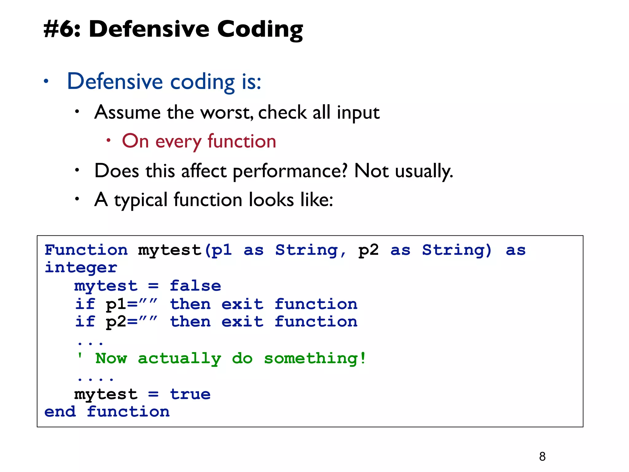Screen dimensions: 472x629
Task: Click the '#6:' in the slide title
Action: [x=61, y=29]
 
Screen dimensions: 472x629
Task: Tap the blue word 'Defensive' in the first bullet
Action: [x=115, y=81]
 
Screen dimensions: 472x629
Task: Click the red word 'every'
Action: [x=178, y=142]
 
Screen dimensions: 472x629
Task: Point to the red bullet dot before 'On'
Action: [x=108, y=140]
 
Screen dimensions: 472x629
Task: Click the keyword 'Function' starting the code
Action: [x=86, y=250]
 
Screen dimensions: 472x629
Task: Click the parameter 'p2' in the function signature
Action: [x=368, y=250]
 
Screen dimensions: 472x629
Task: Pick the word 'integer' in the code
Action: [x=81, y=267]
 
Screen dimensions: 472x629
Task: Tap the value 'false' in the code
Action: [x=195, y=286]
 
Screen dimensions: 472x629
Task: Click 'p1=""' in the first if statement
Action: [x=131, y=304]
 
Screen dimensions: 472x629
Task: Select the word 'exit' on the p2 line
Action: [x=242, y=322]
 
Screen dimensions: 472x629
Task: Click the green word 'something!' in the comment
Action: [x=315, y=358]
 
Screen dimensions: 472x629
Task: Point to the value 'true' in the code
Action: [x=190, y=394]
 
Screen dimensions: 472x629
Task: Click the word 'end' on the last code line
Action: [x=60, y=412]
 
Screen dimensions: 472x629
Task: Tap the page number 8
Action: [x=542, y=456]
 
